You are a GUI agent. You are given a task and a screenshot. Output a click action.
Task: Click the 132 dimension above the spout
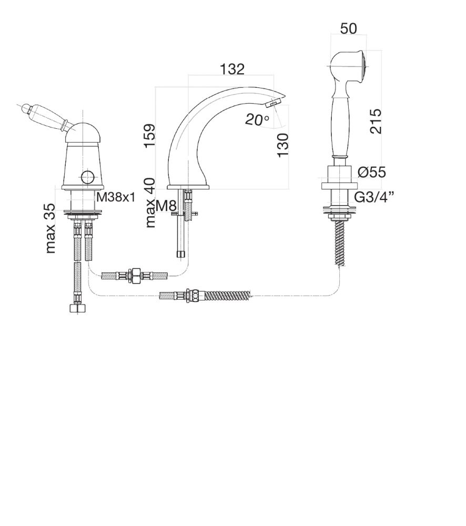click(x=232, y=69)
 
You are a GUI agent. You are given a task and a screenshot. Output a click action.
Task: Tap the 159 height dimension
click(x=149, y=136)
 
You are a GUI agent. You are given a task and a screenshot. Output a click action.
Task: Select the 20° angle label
click(x=257, y=119)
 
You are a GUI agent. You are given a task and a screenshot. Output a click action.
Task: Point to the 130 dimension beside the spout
click(x=283, y=145)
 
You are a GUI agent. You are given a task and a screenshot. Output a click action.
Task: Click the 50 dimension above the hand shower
click(x=349, y=28)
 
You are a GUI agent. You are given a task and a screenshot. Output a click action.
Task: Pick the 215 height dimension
click(x=376, y=121)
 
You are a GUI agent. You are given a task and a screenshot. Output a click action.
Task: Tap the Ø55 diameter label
click(x=372, y=172)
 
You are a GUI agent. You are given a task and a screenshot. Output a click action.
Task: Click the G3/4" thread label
click(x=374, y=198)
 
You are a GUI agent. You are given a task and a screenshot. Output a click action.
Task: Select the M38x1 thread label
click(x=116, y=197)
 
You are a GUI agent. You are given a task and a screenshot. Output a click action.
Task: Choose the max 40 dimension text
click(x=150, y=203)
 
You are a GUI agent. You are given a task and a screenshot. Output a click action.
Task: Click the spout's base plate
click(x=188, y=187)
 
